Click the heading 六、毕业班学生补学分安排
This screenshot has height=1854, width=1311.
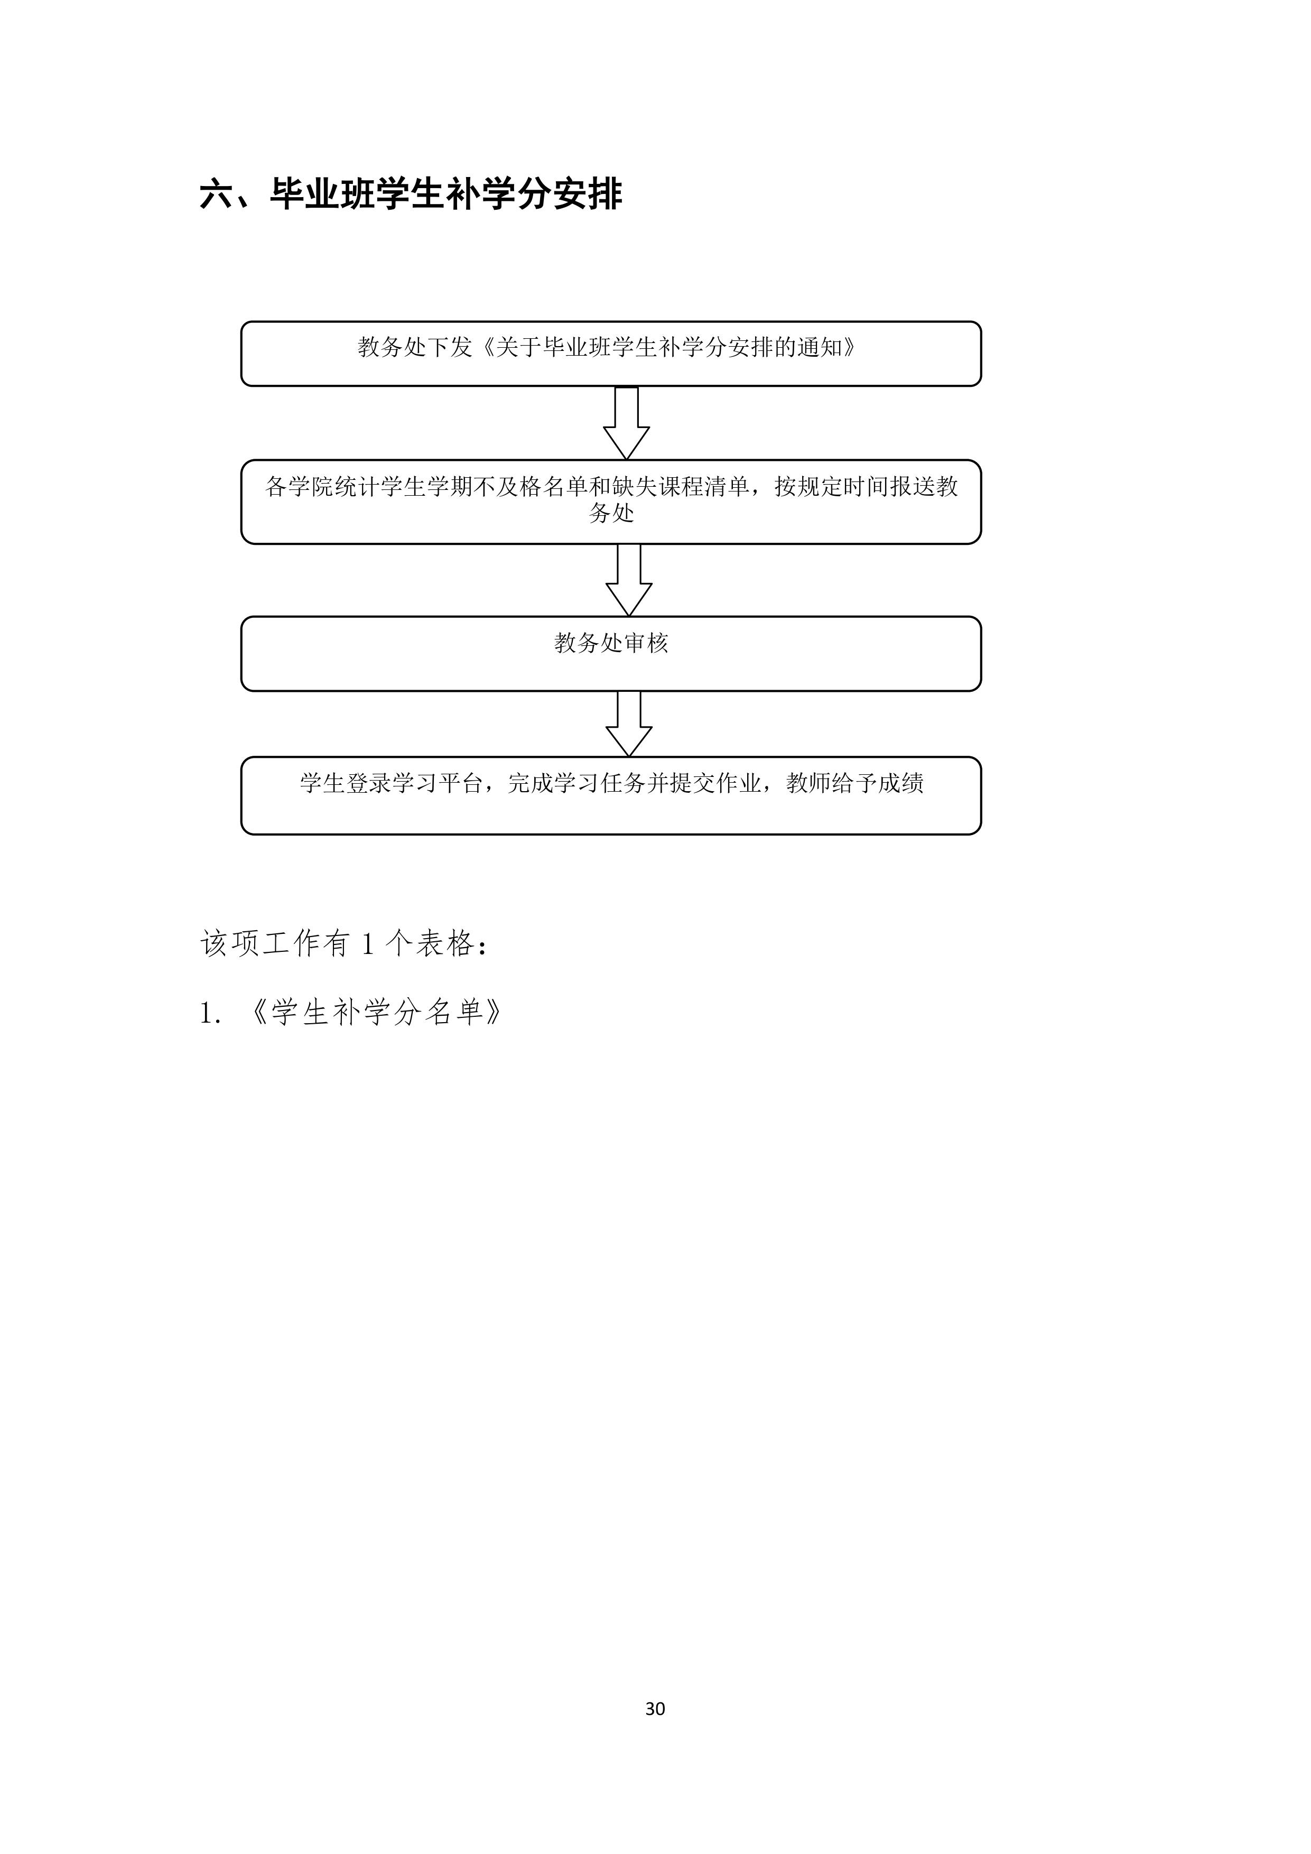tap(411, 194)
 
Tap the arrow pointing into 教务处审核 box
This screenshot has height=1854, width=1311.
tap(629, 580)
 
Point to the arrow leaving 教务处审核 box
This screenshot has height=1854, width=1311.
tap(629, 724)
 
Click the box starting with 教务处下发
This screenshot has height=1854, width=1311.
tap(611, 354)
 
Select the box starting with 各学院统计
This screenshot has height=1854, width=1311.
tap(611, 502)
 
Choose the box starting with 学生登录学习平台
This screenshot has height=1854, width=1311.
tap(611, 795)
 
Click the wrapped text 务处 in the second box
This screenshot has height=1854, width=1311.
tap(611, 513)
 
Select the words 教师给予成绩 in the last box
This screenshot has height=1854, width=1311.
tap(855, 783)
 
